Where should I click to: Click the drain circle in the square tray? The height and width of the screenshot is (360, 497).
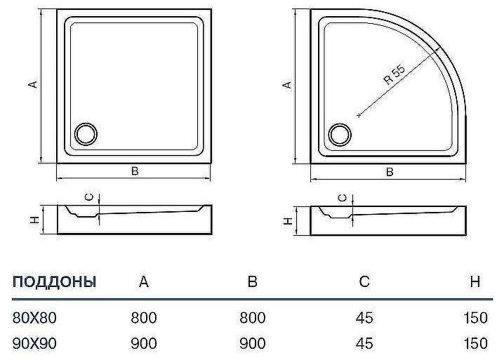86,133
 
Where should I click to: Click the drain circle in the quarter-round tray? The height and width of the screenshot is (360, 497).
340,133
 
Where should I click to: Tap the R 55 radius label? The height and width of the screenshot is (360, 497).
395,74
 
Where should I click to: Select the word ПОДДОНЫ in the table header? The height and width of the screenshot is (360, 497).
54,282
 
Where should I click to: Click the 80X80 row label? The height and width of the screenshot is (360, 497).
34,318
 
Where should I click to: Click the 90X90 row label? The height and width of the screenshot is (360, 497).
34,343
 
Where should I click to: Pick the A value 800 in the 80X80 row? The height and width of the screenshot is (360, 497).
144,318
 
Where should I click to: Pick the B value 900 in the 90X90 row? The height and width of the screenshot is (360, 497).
252,343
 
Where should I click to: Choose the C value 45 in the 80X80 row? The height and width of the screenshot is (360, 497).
364,318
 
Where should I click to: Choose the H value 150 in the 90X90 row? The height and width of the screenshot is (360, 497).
475,343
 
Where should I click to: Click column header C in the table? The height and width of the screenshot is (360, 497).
364,282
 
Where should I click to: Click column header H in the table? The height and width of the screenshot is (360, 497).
475,282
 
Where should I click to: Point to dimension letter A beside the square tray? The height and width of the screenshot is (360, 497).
32,84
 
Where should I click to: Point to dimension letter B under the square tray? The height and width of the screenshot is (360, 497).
134,172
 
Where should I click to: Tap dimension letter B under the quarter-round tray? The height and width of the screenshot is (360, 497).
389,172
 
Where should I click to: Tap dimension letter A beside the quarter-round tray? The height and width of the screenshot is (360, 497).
286,84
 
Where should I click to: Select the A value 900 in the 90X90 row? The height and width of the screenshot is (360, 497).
144,343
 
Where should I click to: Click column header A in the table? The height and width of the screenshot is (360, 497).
144,282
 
